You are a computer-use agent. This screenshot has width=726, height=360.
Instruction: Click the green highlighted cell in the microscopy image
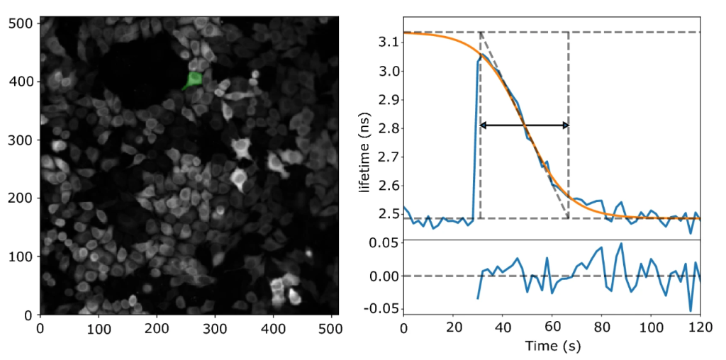(194, 79)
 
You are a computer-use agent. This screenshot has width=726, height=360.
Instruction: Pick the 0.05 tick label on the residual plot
(384, 244)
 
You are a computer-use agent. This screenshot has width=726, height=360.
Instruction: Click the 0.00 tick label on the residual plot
(384, 276)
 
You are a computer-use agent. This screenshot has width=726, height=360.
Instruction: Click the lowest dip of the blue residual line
(691, 310)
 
